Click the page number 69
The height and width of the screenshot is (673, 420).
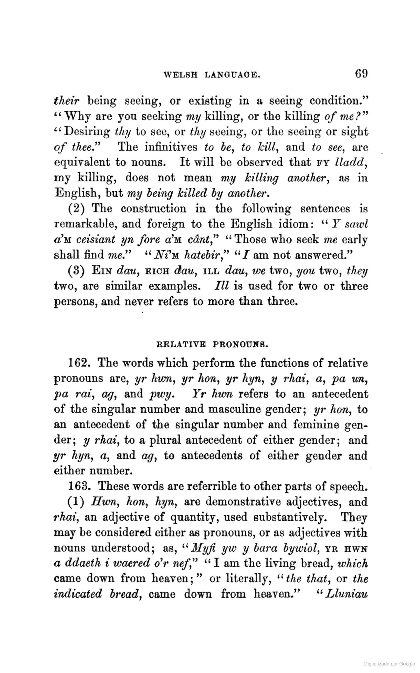click(x=361, y=73)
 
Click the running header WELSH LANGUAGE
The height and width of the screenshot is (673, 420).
click(x=212, y=75)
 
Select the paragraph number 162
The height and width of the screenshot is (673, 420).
click(x=77, y=363)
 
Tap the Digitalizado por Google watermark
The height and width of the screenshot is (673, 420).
click(x=389, y=663)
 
